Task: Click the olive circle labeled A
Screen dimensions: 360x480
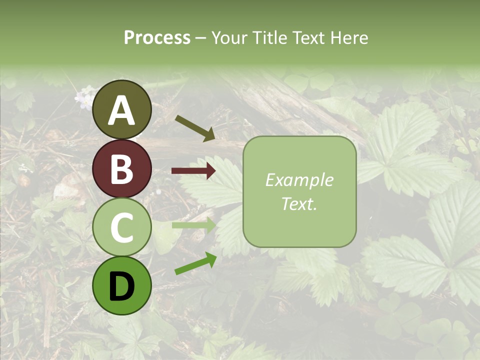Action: click(122, 110)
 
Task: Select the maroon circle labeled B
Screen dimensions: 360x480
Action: click(122, 169)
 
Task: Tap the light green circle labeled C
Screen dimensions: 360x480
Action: click(122, 227)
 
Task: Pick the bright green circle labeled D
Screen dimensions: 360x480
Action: click(122, 285)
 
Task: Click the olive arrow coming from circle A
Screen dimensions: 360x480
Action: click(195, 128)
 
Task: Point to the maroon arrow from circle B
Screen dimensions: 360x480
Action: click(193, 171)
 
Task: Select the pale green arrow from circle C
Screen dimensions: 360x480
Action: click(193, 225)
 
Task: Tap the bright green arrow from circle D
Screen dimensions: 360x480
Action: click(195, 263)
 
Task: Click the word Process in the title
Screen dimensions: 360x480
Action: click(157, 37)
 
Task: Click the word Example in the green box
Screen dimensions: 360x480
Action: click(299, 180)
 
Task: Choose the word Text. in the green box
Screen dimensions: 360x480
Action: click(299, 203)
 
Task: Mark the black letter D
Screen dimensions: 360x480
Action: click(122, 286)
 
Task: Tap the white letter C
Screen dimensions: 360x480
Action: click(122, 228)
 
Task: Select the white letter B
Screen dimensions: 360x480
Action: click(122, 169)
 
